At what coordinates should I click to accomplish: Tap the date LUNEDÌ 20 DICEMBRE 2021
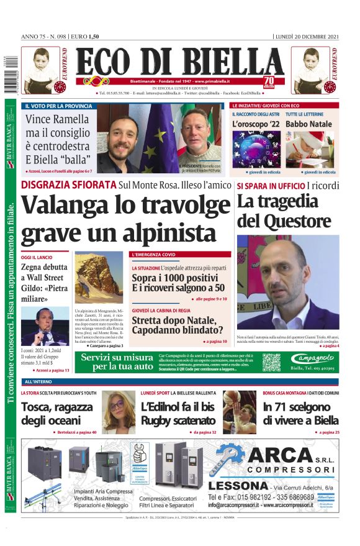pyautogui.click(x=307, y=37)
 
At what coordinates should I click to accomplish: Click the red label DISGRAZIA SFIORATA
pyautogui.click(x=69, y=184)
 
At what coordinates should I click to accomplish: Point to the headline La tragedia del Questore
pyautogui.click(x=284, y=211)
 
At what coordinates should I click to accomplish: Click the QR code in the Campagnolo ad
pyautogui.click(x=271, y=362)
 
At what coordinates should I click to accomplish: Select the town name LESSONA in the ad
pyautogui.click(x=238, y=485)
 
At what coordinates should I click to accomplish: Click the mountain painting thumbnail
pyautogui.click(x=99, y=276)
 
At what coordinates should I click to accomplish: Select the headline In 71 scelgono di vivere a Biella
pyautogui.click(x=300, y=413)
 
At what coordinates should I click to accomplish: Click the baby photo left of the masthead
pyautogui.click(x=42, y=71)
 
